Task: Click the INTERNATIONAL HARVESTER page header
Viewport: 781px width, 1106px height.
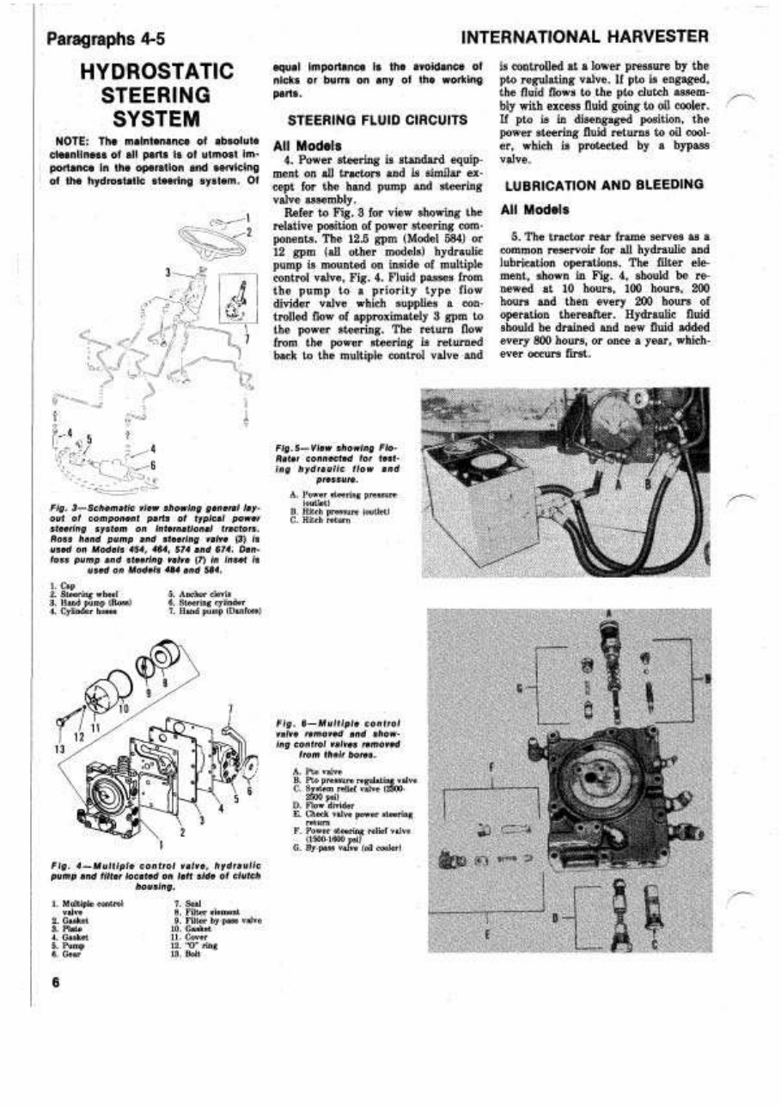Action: pyautogui.click(x=584, y=38)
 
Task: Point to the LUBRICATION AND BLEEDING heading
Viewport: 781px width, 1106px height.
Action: pyautogui.click(x=604, y=185)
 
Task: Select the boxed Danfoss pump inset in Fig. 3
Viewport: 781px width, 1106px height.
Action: pyautogui.click(x=238, y=298)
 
